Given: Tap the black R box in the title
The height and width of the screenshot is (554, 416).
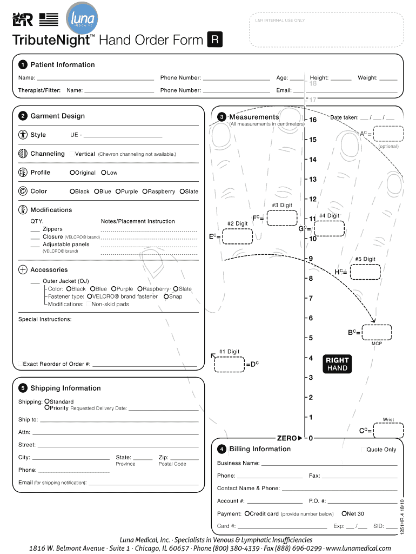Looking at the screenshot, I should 214,40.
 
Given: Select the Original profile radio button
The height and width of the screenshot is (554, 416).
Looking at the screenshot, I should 72,173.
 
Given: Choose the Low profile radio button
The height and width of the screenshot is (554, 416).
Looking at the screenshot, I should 104,173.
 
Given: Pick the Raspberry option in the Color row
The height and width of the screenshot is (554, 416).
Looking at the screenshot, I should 145,192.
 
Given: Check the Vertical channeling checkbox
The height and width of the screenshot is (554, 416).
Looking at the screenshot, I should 72,154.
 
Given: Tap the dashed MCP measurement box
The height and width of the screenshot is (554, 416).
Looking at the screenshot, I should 377,332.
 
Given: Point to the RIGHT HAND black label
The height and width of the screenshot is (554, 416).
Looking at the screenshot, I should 337,364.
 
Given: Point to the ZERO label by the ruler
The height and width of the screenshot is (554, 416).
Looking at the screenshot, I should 287,438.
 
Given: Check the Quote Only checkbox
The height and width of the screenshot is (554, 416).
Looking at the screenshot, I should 364,450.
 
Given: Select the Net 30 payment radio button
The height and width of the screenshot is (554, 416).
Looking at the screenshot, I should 344,513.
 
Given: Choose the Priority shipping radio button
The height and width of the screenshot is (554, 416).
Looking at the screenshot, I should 47,408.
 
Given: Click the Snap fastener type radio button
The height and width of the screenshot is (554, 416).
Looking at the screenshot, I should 166,296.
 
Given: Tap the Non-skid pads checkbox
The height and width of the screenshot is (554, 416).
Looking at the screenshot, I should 89,304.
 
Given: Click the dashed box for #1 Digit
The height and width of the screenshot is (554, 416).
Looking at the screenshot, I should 229,364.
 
